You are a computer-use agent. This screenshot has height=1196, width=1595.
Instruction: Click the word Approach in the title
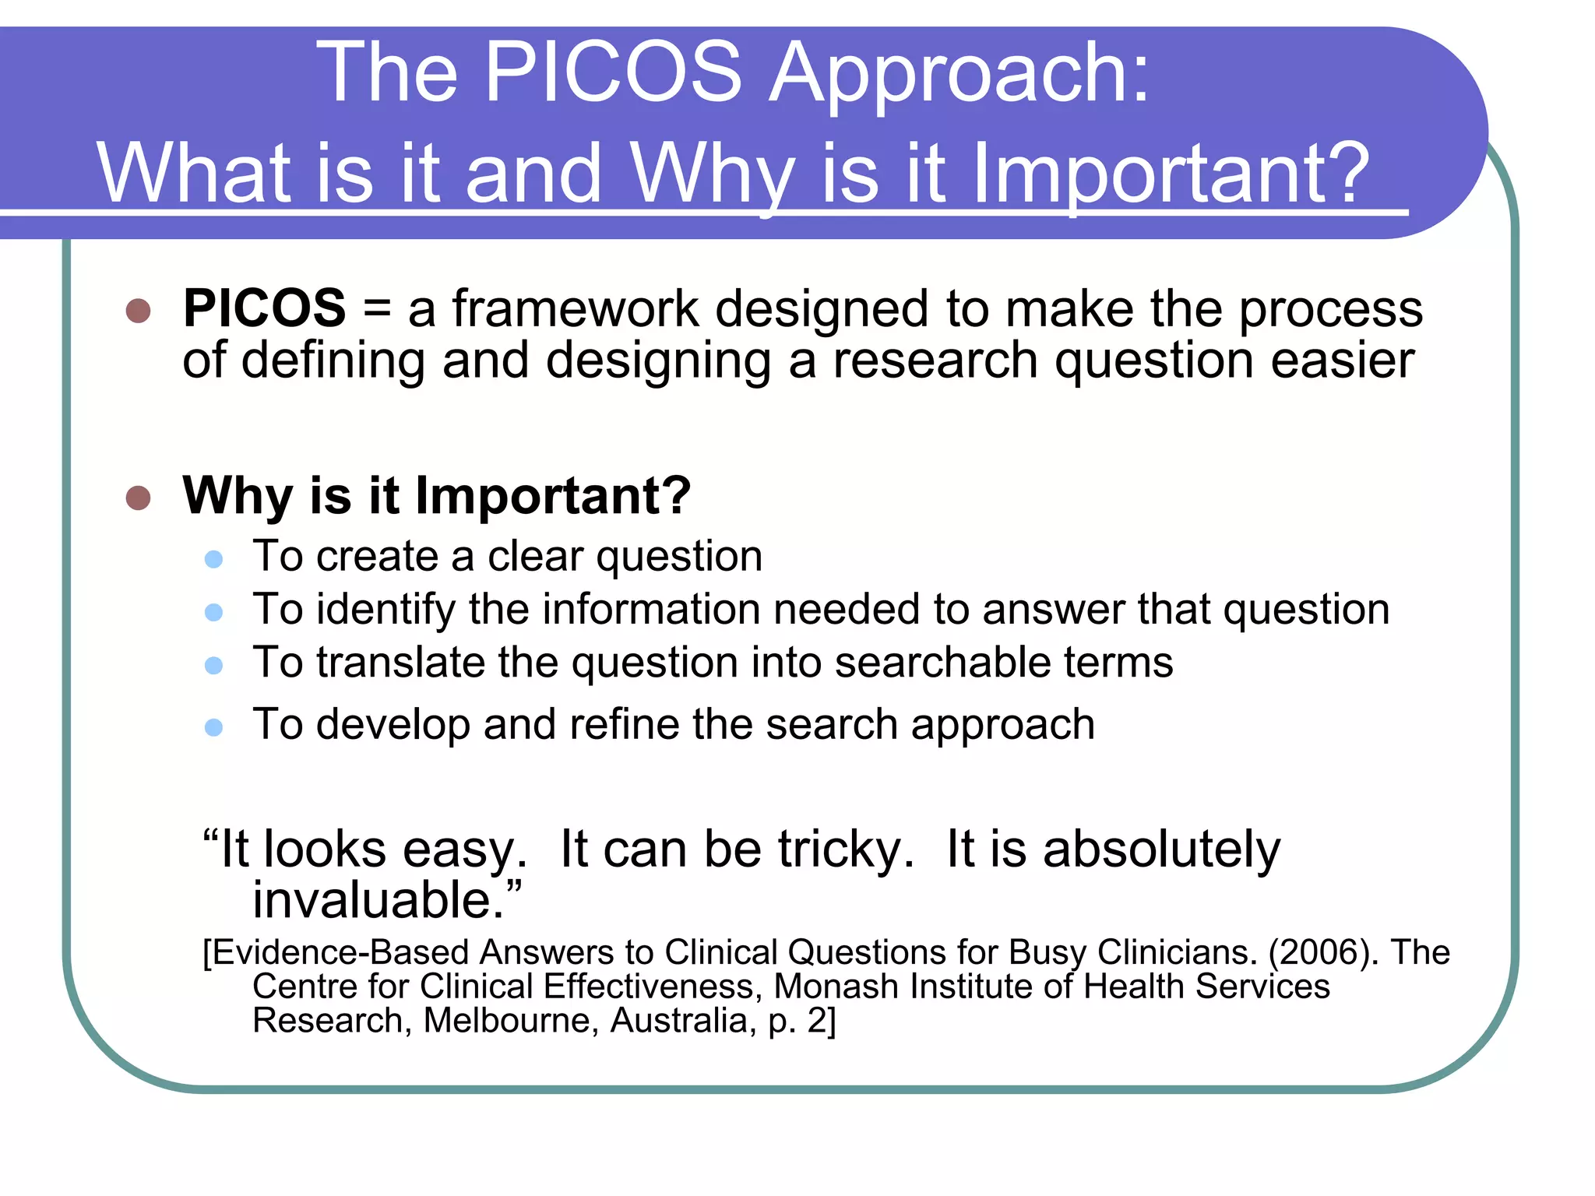[x=958, y=74]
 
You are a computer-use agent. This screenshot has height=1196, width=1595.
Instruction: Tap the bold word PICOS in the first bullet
[x=264, y=308]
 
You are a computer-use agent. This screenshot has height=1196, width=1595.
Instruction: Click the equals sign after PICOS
[x=377, y=309]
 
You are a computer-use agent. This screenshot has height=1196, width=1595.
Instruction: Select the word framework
[x=576, y=308]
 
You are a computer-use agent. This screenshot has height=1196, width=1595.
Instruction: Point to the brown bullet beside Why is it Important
[x=138, y=498]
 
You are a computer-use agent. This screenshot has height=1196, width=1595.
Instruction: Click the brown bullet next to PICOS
[x=138, y=311]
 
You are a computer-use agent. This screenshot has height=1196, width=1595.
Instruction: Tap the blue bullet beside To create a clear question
[x=213, y=559]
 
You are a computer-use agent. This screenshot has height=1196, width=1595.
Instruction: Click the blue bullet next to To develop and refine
[x=213, y=727]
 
